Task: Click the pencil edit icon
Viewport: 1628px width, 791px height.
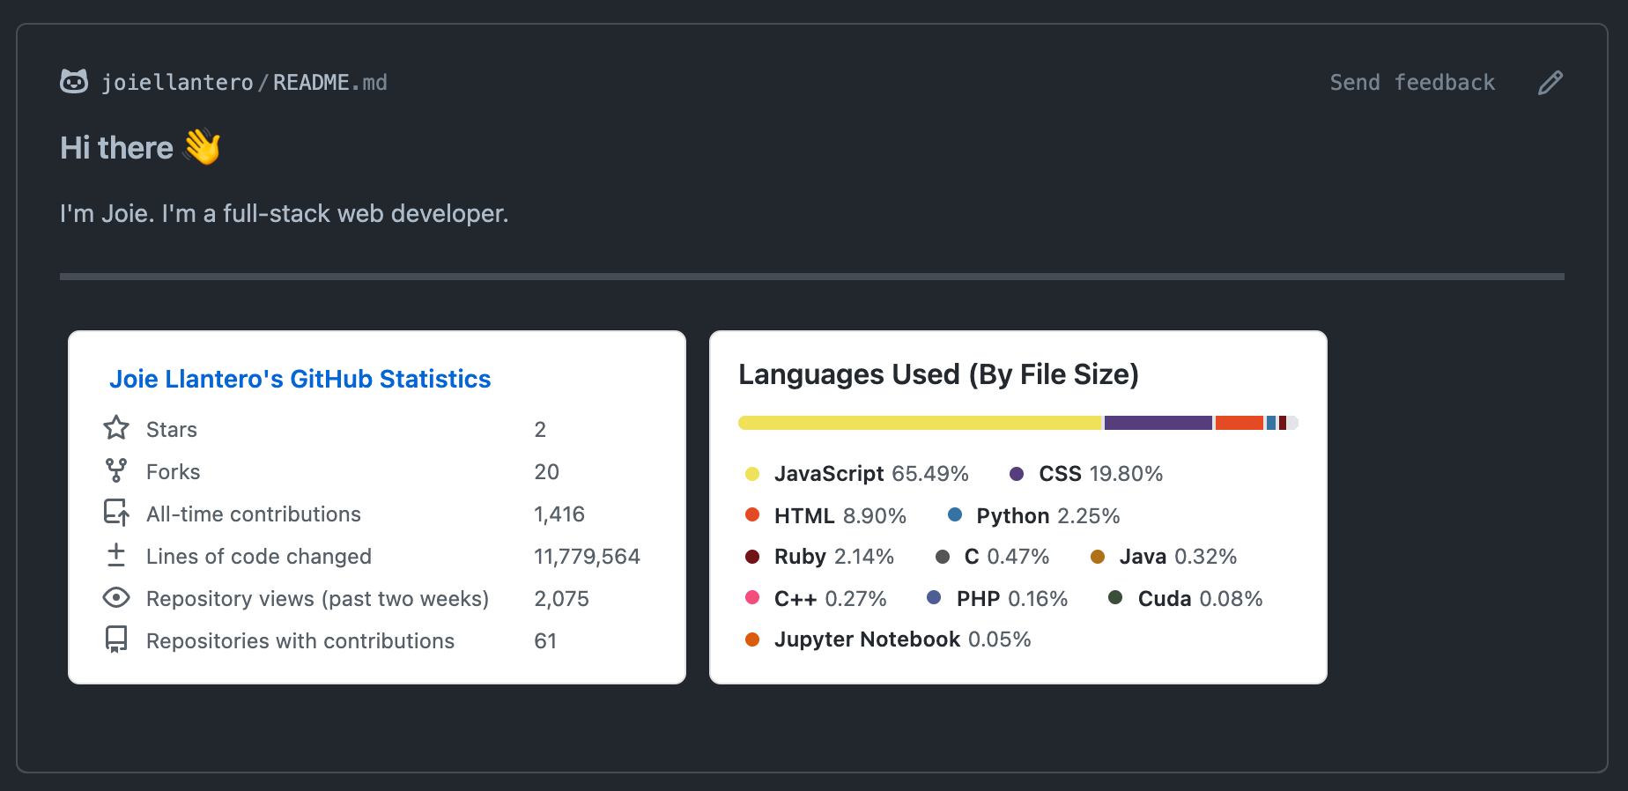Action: pyautogui.click(x=1550, y=83)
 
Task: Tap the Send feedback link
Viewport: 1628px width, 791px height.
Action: pyautogui.click(x=1411, y=83)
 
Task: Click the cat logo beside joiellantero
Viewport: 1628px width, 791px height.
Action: pyautogui.click(x=74, y=82)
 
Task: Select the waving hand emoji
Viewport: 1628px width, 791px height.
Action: pyautogui.click(x=203, y=147)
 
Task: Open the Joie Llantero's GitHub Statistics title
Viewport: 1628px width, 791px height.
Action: pyautogui.click(x=300, y=379)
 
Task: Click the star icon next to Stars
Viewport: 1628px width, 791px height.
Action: pyautogui.click(x=116, y=428)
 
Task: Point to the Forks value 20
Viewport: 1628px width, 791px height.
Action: pyautogui.click(x=546, y=472)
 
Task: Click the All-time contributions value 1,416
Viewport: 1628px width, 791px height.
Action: pyautogui.click(x=559, y=514)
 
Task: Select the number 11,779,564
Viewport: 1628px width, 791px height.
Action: pyautogui.click(x=587, y=557)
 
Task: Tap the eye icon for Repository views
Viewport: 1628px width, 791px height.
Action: pyautogui.click(x=116, y=598)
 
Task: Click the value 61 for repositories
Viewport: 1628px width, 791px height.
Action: pyautogui.click(x=544, y=641)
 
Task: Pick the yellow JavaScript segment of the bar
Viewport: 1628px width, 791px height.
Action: pyautogui.click(x=920, y=423)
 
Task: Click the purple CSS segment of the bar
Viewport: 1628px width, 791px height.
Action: pyautogui.click(x=1158, y=423)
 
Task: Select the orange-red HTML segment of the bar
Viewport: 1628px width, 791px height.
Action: pyautogui.click(x=1239, y=423)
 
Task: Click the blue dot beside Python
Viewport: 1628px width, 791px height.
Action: pyautogui.click(x=955, y=514)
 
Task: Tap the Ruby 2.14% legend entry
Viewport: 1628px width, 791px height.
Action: pyautogui.click(x=832, y=557)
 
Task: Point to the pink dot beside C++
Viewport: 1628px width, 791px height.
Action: pyautogui.click(x=752, y=597)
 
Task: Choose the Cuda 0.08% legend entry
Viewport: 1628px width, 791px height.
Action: pyautogui.click(x=1199, y=599)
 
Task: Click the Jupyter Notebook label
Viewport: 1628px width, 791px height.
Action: pyautogui.click(x=867, y=639)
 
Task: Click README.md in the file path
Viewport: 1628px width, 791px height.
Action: pyautogui.click(x=329, y=83)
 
